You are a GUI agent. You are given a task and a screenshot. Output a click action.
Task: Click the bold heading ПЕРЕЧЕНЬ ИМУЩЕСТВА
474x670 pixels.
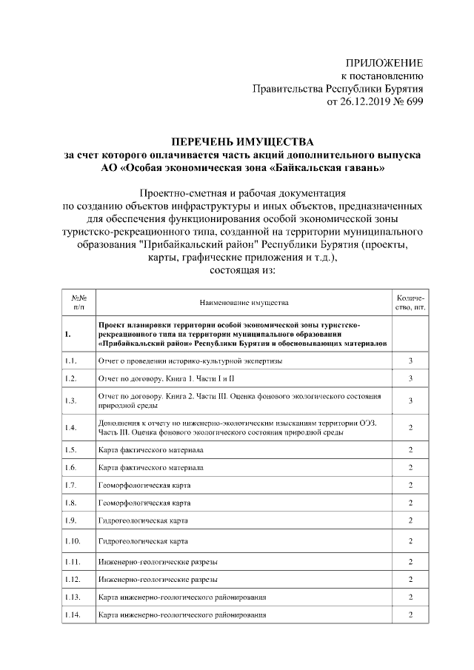[244, 141]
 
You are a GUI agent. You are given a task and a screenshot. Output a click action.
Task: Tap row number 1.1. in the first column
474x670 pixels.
[71, 361]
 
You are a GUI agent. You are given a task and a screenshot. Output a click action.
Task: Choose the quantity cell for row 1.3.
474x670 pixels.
[410, 401]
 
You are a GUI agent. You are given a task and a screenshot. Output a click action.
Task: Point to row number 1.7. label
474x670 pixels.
[71, 485]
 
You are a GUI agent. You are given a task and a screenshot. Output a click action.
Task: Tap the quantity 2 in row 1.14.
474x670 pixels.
[410, 615]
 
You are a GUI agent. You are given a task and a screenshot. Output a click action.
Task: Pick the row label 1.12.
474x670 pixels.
[73, 578]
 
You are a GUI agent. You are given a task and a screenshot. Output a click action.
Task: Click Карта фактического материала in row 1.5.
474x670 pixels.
[150, 449]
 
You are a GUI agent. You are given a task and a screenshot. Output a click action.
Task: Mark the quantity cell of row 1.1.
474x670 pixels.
[410, 361]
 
